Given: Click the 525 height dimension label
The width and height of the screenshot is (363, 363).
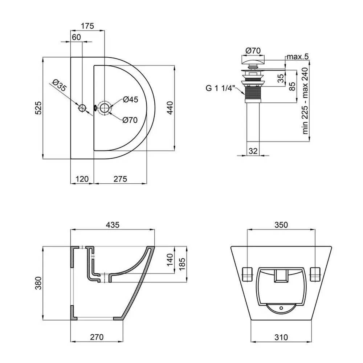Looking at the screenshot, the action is point(38,108).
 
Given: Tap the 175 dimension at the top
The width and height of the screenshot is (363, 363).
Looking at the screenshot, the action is point(87,26).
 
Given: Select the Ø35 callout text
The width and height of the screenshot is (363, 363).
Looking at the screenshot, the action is point(59,85).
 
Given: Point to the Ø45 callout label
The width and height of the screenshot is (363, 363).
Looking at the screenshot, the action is point(131,99).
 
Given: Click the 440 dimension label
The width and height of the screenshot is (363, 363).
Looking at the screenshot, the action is point(170,108).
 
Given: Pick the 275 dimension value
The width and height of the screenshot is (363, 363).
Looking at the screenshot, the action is point(121,179).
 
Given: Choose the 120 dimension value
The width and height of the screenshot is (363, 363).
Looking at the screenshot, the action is point(82,179).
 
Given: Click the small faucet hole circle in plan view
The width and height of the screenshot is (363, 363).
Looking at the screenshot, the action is point(82,108).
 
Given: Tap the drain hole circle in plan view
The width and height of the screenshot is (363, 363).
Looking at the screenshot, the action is point(105,108).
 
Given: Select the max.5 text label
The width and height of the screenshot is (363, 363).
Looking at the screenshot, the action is point(298,57).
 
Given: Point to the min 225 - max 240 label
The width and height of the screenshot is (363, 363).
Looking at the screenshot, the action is point(305,101).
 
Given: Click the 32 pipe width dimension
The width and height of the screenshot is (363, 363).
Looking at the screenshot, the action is point(253,151).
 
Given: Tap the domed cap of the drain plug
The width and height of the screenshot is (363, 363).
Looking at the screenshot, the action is point(253,61).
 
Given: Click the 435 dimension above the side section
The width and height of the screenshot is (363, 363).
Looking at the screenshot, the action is point(113,225).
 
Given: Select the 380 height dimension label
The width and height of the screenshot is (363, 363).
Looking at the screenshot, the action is point(38,283).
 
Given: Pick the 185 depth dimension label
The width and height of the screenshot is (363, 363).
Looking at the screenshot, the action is point(182,264).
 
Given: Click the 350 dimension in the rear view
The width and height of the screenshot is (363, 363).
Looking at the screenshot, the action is point(281,225).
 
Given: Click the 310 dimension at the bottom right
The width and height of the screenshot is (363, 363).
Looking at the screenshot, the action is point(281,337).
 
